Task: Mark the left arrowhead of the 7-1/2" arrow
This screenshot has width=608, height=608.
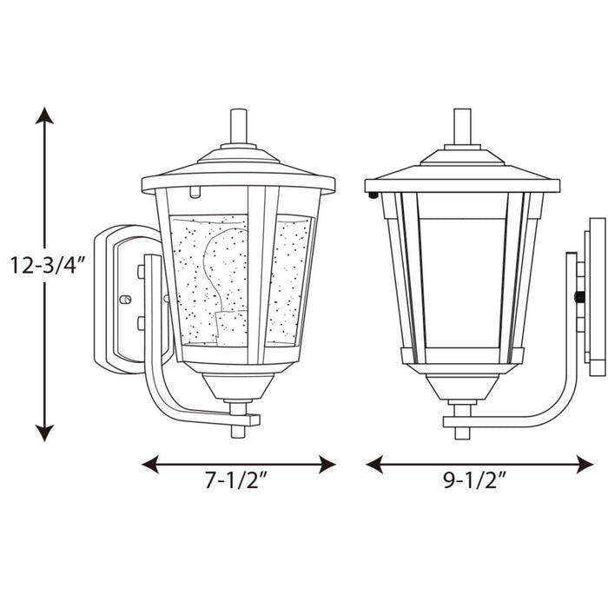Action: tap(150, 464)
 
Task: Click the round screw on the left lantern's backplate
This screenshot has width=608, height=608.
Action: tap(124, 299)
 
